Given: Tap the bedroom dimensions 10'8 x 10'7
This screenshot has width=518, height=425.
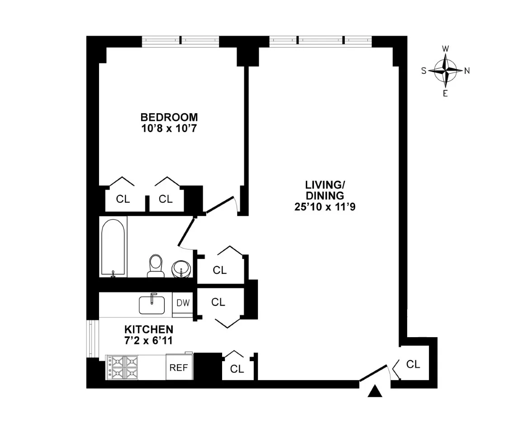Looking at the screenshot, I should (169, 128).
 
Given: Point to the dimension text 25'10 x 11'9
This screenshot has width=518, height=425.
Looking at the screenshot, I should (323, 208).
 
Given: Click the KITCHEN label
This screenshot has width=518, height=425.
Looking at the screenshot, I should (149, 329).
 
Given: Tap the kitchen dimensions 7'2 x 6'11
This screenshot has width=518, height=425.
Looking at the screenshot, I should (149, 339).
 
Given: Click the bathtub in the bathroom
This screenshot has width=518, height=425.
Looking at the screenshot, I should (113, 247).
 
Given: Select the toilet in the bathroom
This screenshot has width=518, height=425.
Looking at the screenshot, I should (156, 266).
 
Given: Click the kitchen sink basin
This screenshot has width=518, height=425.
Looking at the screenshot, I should (152, 305).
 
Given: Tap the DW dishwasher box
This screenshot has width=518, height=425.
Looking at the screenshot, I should (183, 302).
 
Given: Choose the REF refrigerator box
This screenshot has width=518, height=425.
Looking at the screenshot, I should (178, 367).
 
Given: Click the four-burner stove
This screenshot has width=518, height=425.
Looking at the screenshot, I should (122, 367).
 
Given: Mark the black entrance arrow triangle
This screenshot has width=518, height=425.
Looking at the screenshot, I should (375, 392).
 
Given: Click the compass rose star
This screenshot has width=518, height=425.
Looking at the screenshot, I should (446, 71).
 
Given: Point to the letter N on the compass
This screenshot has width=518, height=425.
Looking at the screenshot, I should (467, 71).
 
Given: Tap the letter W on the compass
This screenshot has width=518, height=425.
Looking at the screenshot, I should (446, 49).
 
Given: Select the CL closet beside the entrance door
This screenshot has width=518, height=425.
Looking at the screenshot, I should (413, 364).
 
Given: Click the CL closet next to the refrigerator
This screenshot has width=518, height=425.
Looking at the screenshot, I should (237, 368).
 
